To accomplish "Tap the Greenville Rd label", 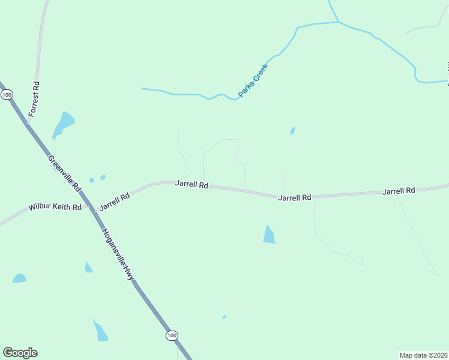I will [64, 173].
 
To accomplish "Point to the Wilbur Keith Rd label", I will [55, 208].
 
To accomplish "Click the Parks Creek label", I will [253, 80].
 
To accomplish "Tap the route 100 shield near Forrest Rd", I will [7, 95].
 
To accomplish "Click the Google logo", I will [20, 353].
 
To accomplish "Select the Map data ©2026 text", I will [423, 355].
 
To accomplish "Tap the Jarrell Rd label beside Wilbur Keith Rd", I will [115, 201].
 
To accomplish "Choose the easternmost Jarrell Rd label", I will [399, 191].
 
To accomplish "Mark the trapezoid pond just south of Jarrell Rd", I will [269, 235].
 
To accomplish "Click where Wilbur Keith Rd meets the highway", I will [92, 209].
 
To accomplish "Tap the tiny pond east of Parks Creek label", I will [292, 130].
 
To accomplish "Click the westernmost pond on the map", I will [19, 278].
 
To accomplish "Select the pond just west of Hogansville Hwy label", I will [88, 268].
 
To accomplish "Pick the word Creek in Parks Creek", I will [260, 72].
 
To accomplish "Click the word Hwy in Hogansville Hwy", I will [127, 272].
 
